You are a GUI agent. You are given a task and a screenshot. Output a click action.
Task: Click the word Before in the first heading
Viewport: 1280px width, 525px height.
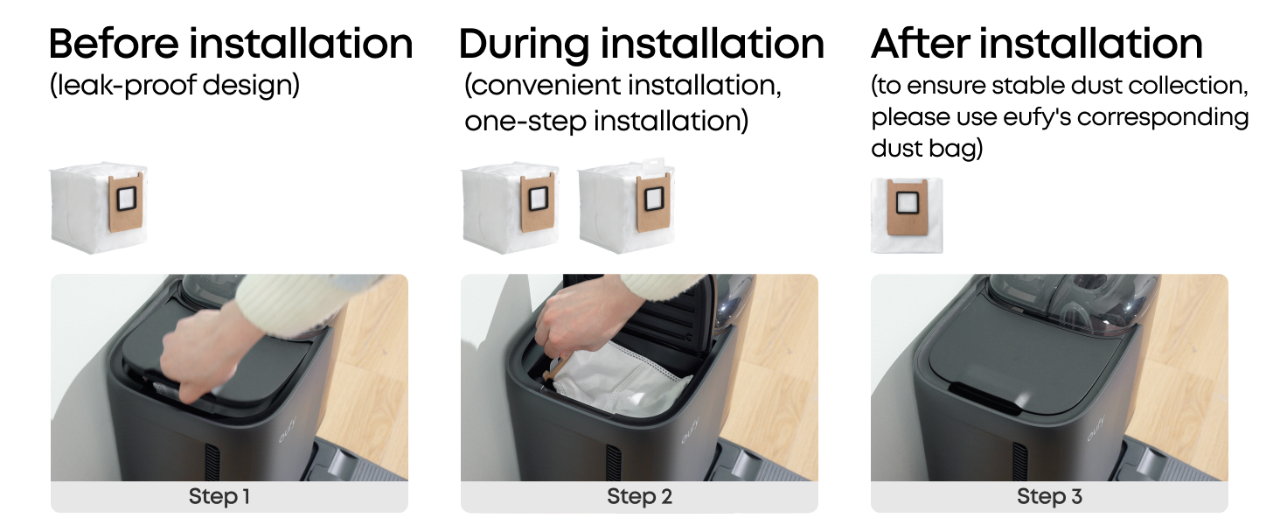click(114, 44)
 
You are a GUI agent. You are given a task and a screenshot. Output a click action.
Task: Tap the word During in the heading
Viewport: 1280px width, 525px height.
click(524, 45)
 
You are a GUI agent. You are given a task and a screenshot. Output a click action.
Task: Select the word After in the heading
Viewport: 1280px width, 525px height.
click(921, 44)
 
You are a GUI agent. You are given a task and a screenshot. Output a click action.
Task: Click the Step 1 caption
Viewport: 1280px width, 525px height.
click(219, 496)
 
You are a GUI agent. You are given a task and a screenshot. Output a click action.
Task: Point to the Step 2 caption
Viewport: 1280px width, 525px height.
click(639, 496)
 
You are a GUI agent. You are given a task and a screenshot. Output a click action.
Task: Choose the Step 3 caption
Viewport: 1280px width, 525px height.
click(1049, 496)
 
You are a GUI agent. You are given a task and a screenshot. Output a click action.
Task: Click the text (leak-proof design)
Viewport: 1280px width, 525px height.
click(175, 86)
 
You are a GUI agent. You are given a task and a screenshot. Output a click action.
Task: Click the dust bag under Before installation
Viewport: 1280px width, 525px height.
click(98, 207)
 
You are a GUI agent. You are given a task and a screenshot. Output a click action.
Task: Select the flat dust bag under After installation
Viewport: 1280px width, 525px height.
click(907, 215)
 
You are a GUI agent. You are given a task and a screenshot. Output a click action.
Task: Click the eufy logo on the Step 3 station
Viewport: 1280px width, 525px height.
click(1096, 428)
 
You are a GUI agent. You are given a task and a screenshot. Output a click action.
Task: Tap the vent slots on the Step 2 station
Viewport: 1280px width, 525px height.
click(615, 462)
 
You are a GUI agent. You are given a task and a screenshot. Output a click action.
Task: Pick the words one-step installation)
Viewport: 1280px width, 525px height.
click(606, 122)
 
